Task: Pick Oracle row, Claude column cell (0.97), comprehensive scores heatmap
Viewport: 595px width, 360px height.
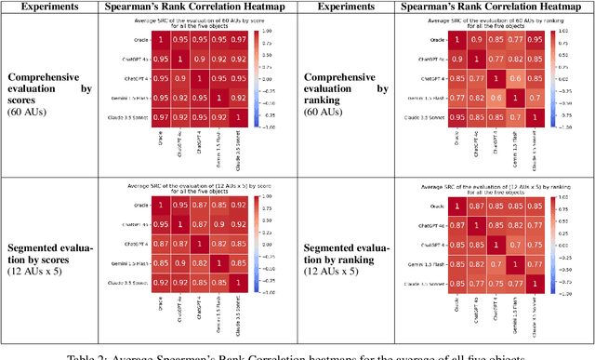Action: tap(241, 40)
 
